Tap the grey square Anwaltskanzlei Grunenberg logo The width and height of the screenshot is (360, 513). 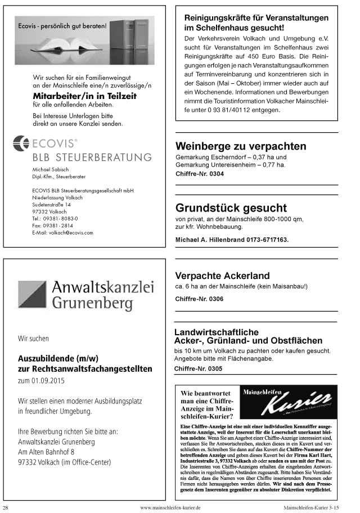point(31,295)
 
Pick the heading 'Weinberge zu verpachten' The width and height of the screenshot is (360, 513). point(241,146)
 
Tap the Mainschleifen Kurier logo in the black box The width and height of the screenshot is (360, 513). point(287,402)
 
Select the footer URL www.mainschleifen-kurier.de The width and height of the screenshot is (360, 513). point(170,507)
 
